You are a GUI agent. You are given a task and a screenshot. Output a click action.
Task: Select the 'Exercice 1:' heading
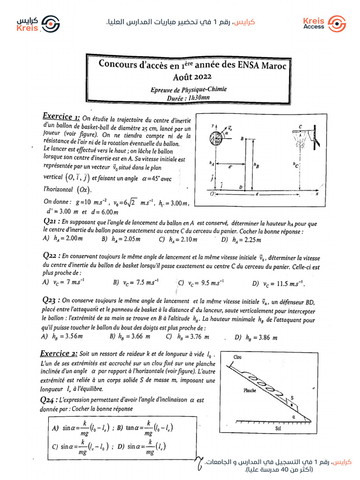point(61,116)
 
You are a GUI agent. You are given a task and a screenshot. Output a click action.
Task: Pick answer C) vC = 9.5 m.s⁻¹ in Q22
point(201,283)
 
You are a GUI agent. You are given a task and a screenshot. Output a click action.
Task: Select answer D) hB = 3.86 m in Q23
point(256,337)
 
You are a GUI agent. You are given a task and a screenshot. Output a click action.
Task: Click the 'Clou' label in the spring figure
point(238,357)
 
